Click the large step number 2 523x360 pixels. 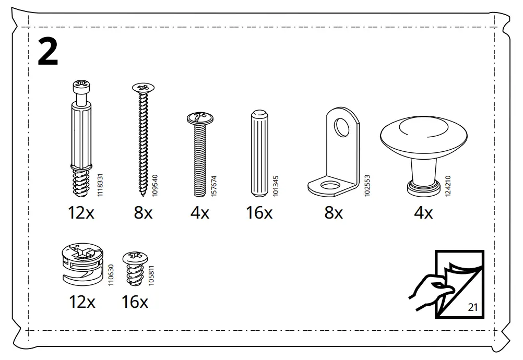48,53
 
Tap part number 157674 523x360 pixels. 214,186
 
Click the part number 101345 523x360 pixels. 276,186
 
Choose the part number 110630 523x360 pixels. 111,274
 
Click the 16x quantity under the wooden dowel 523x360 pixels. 259,213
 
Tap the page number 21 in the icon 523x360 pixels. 473,307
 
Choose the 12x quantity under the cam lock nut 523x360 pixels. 82,302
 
